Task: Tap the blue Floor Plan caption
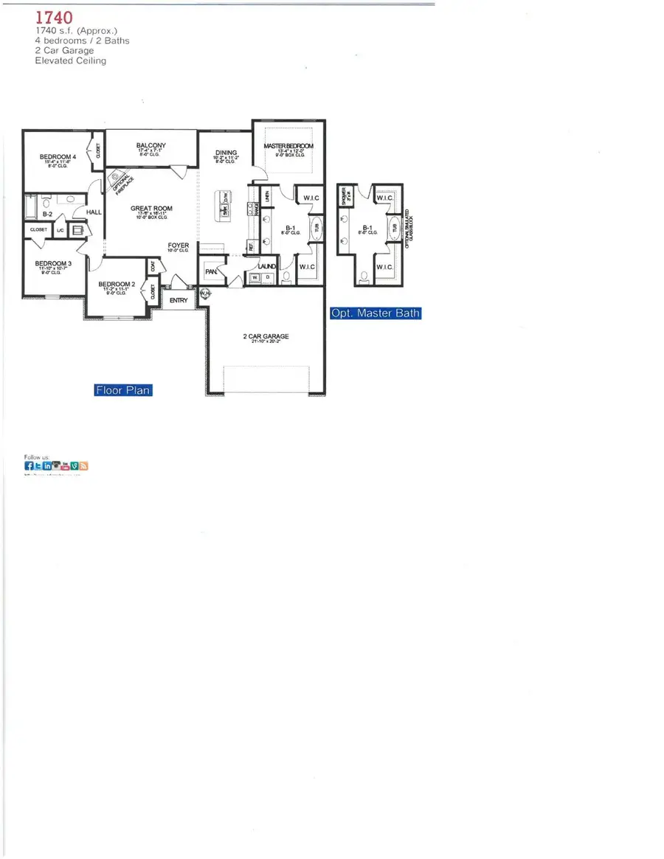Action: pos(123,390)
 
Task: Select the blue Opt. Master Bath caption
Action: pos(376,313)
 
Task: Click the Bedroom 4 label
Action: pos(57,157)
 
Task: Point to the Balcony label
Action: pos(151,145)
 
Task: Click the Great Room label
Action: pos(151,209)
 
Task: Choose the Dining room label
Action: pos(226,153)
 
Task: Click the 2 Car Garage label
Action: pos(266,336)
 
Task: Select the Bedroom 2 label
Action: pos(117,284)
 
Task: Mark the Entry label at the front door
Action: pos(179,300)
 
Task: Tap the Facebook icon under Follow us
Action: pos(29,465)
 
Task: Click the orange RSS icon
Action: pos(84,465)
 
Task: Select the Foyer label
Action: pos(179,245)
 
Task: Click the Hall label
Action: pos(94,212)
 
